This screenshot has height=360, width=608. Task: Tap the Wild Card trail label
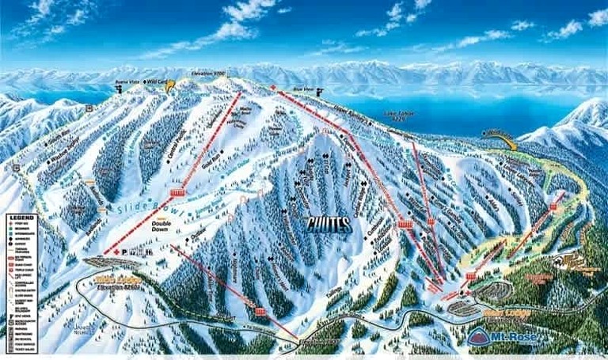155,81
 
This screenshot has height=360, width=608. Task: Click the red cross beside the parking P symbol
116,252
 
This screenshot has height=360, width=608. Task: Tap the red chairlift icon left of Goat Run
177,193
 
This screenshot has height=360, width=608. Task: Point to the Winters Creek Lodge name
108,282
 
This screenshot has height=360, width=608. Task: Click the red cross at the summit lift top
273,86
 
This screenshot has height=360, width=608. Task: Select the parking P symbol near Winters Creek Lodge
125,252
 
